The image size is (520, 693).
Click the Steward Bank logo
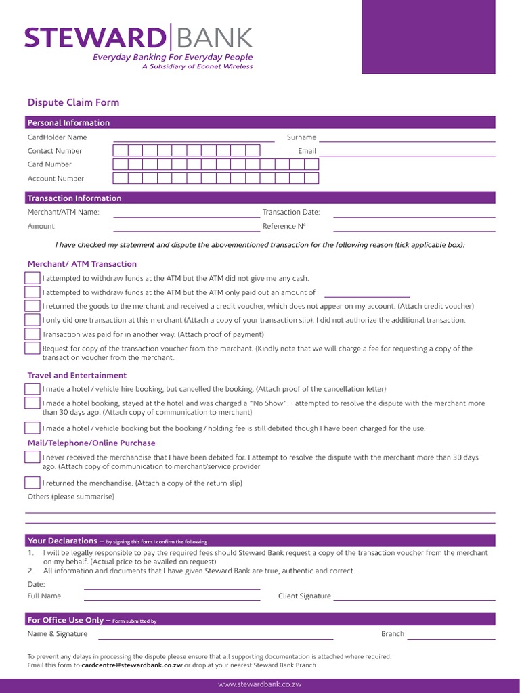tap(139, 38)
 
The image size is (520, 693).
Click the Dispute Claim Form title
tap(73, 103)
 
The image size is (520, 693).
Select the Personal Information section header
tap(68, 122)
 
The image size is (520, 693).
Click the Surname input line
tap(407, 140)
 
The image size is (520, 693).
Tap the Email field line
tap(407, 155)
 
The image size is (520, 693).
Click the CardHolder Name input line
tap(194, 140)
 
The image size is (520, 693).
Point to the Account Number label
tap(56, 179)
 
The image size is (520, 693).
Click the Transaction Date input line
tap(414, 216)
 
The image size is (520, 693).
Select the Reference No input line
tap(414, 231)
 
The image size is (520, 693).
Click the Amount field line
tap(185, 231)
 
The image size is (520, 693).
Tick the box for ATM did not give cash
tap(32, 278)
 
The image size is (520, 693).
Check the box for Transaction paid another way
tap(32, 334)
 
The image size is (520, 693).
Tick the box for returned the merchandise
tap(32, 483)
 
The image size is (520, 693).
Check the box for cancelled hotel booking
tap(32, 389)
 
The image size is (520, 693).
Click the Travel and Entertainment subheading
tap(77, 376)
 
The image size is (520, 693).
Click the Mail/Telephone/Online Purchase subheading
tap(91, 443)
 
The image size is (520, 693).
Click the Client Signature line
tap(414, 600)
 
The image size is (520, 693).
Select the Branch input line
tap(451, 638)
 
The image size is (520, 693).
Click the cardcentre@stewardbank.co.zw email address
tap(132, 665)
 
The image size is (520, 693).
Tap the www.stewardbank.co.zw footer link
tap(259, 684)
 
